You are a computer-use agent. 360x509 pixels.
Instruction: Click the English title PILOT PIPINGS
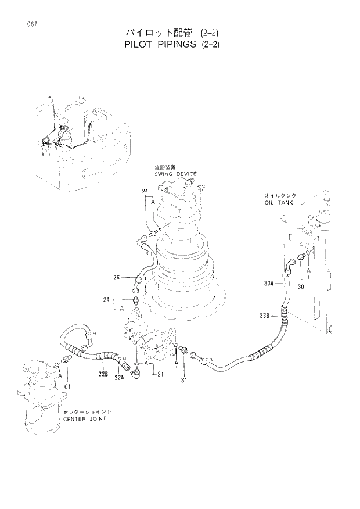click(174, 44)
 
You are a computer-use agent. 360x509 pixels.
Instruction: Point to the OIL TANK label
click(281, 204)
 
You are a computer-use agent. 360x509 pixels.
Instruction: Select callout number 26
click(117, 278)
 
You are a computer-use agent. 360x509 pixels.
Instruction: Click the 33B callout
click(266, 316)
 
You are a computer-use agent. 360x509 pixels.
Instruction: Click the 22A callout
click(120, 377)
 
